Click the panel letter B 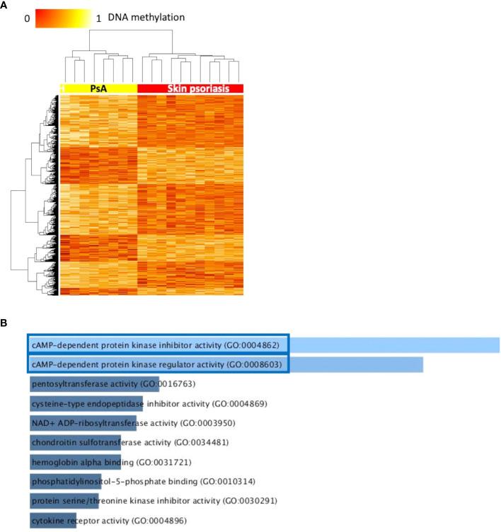click(x=5, y=325)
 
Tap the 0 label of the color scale click(x=27, y=19)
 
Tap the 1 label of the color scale click(x=98, y=19)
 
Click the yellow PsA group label click(x=98, y=88)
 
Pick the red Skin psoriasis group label click(x=190, y=88)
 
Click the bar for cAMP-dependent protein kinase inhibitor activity click(x=264, y=345)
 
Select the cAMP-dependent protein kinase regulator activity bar click(x=226, y=365)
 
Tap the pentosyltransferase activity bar click(x=85, y=384)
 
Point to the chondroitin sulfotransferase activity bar click(x=75, y=443)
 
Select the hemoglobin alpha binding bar click(x=75, y=463)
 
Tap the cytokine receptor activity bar click(x=52, y=521)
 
